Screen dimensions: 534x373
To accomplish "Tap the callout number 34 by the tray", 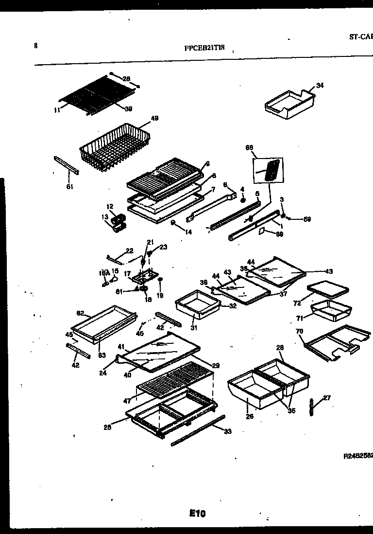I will click(320, 86).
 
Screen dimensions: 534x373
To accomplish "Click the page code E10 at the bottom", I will click(198, 513).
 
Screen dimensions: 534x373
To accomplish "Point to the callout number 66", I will click(250, 147).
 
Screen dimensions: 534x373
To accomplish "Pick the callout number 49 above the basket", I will click(154, 118).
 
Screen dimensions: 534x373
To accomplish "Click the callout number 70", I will click(299, 331).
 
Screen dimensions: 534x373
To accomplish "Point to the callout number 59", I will click(306, 219).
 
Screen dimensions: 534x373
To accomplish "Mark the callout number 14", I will click(188, 232).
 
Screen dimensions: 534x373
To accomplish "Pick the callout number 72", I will click(297, 303).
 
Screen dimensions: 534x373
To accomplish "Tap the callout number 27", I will click(326, 397).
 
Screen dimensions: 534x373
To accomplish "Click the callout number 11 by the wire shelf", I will click(57, 110).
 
